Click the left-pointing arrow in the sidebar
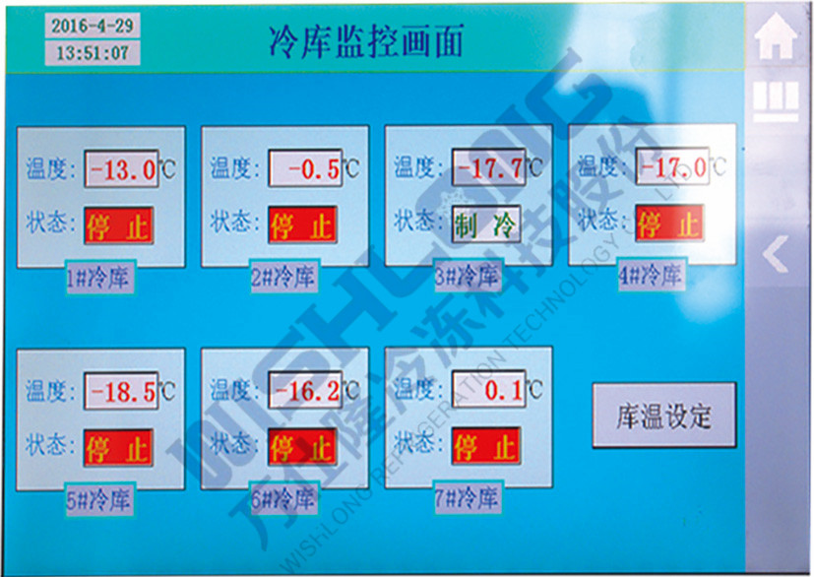(776, 255)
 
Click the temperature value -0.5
(306, 168)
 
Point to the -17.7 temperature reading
(489, 167)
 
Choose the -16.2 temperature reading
(305, 391)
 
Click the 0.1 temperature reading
(488, 390)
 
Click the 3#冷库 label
(468, 277)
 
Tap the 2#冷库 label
(283, 278)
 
